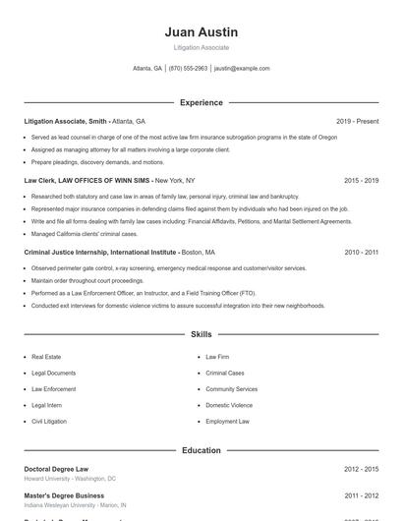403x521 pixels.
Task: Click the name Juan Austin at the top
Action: point(201,32)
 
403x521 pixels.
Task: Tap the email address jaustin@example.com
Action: point(242,69)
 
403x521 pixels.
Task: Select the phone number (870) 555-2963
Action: point(188,69)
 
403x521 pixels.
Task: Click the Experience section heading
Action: point(201,102)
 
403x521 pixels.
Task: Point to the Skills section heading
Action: point(201,335)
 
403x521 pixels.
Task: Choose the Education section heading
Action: point(201,450)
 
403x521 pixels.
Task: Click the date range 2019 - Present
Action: point(357,121)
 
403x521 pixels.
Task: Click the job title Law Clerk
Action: point(40,181)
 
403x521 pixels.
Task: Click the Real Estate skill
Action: point(46,358)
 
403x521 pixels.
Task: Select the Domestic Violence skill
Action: point(229,405)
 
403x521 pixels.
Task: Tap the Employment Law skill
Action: point(227,421)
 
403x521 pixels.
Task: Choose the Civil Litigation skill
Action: point(49,421)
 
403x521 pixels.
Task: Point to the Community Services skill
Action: point(231,389)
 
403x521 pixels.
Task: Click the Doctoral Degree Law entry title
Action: point(56,469)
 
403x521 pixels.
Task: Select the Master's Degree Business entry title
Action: point(64,495)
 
